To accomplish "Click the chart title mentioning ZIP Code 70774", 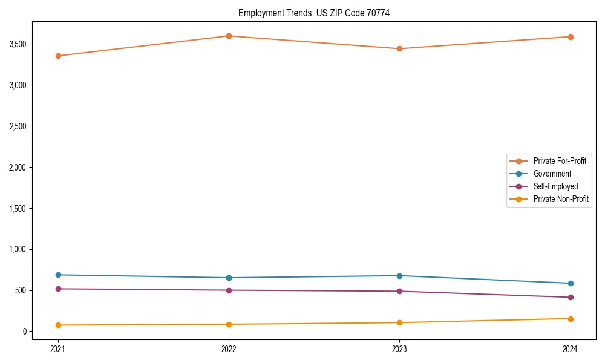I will click(313, 13).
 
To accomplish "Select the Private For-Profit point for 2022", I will click(229, 36).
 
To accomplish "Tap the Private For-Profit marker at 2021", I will click(58, 56).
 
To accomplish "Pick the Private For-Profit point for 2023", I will click(399, 48).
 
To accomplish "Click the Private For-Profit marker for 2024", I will click(571, 37).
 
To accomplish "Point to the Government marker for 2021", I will click(58, 275).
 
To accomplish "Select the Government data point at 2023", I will click(399, 276).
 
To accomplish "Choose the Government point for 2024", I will click(571, 283).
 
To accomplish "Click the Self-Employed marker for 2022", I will click(229, 290).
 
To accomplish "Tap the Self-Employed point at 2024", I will click(571, 297).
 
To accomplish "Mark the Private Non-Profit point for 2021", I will click(58, 325).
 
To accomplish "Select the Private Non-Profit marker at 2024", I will click(571, 319).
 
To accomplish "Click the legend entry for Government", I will click(552, 174).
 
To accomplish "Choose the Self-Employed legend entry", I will click(555, 186).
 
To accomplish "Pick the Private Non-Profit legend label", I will click(561, 199).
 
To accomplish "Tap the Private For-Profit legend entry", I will click(560, 161).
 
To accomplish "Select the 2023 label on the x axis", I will click(399, 348).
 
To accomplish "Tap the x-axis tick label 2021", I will click(58, 348).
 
